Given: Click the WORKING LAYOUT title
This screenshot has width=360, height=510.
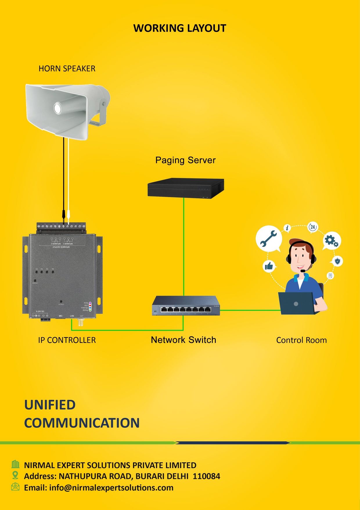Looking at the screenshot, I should tap(180, 28).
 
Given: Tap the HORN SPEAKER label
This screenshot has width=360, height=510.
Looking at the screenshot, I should tap(67, 69).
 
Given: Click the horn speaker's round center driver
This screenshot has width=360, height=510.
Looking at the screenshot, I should tap(57, 108).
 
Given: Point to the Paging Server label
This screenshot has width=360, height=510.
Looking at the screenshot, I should tap(186, 160).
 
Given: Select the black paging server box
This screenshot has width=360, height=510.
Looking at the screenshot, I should tap(186, 188).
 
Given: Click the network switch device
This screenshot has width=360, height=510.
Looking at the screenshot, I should tap(186, 306).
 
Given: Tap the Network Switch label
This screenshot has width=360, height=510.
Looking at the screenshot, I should tap(183, 340).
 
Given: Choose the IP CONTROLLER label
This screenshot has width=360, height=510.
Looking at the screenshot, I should tap(67, 340).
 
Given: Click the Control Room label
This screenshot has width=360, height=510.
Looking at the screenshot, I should tap(301, 340).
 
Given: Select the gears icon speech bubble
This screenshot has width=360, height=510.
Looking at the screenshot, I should tap(332, 241).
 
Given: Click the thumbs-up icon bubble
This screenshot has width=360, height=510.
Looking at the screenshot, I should tap(269, 266).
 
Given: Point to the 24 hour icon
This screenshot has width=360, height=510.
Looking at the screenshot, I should tap(313, 227).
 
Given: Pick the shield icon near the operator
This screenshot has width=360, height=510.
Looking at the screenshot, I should tap(337, 261).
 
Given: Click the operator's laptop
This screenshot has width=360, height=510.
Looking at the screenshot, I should tap(296, 303).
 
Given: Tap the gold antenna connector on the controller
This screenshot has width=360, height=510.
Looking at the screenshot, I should tap(80, 322).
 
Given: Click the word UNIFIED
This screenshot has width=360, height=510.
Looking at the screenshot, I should tap(50, 405).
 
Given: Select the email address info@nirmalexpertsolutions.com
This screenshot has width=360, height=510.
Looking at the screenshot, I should tap(111, 488).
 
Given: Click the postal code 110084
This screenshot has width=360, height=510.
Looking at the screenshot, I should tap(206, 476).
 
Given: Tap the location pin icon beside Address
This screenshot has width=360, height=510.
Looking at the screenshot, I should tap(15, 475).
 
